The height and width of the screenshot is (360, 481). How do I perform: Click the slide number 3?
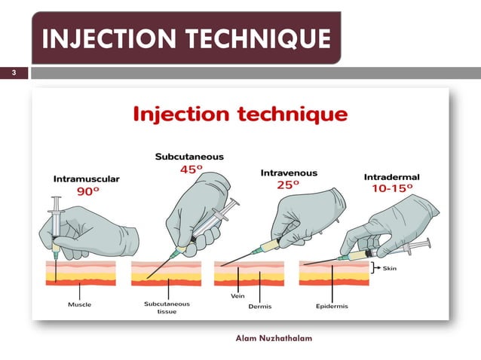click(13, 73)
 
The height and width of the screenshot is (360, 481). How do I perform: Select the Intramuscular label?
click(87, 179)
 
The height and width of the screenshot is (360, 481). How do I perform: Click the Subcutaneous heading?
click(189, 157)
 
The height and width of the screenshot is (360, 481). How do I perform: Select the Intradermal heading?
click(391, 177)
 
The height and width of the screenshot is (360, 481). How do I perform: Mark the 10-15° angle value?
click(392, 190)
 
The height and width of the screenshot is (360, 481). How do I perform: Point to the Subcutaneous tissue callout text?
click(167, 310)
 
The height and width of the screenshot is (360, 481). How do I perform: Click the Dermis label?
click(259, 307)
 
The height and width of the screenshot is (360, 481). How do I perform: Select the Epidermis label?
click(332, 307)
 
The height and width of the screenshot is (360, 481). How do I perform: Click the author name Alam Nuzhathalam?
click(274, 337)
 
